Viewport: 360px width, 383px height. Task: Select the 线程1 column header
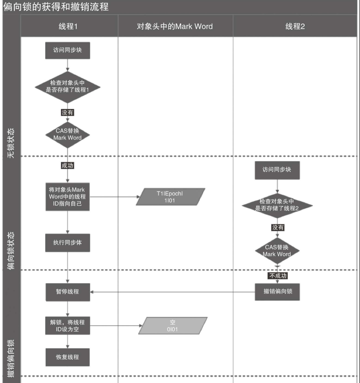pos(67,26)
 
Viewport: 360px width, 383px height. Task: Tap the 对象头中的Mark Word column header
pos(175,26)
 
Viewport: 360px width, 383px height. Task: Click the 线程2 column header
pos(295,26)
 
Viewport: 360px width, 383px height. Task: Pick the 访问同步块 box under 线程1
pos(67,50)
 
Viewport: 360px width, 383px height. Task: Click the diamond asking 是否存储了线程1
pos(67,86)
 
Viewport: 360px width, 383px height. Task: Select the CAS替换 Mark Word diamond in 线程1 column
pos(67,134)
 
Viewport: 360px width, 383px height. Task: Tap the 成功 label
pos(67,165)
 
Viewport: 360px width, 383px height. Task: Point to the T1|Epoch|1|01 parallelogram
pos(170,196)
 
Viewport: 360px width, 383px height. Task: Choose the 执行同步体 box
pos(67,243)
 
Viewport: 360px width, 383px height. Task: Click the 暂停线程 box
pos(67,292)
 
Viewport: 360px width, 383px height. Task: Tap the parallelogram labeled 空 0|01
pos(173,325)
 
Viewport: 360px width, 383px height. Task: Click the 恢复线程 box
pos(67,357)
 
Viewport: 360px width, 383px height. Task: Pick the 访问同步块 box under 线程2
pos(277,169)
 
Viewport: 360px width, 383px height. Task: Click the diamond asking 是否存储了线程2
pos(277,205)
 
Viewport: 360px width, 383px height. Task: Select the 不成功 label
pos(278,275)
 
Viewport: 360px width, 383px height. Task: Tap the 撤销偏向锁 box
pos(277,292)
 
